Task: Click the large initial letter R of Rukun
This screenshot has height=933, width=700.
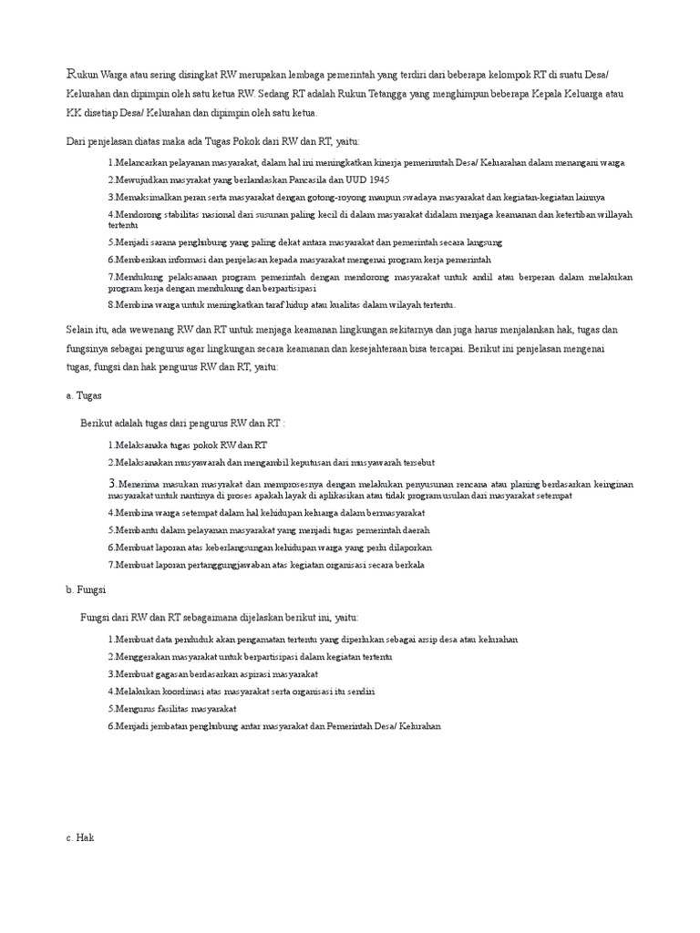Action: pos(72,72)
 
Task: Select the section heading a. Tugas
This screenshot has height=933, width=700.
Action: pos(84,396)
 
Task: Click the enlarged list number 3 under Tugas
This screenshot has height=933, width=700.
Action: pos(111,483)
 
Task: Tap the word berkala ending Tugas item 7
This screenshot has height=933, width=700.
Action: pos(407,565)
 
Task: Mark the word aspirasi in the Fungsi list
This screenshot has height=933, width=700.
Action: pos(246,674)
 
